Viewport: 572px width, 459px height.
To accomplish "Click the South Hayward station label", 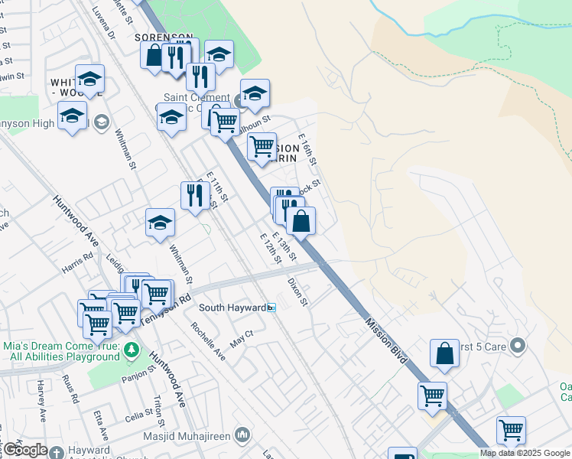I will (232, 308).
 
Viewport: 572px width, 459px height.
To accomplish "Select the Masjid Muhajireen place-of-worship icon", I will (242, 435).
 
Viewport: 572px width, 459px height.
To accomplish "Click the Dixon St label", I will (297, 291).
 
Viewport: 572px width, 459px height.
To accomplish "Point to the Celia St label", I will (140, 418).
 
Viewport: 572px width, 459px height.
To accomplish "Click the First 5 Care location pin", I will (518, 346).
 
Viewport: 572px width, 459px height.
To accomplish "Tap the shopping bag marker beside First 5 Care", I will (444, 353).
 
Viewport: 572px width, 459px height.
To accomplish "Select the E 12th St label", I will (271, 249).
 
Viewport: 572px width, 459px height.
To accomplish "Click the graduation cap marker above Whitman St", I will (160, 223).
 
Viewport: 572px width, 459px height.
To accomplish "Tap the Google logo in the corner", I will (24, 450).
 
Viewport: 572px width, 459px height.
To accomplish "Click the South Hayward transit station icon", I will (271, 308).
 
